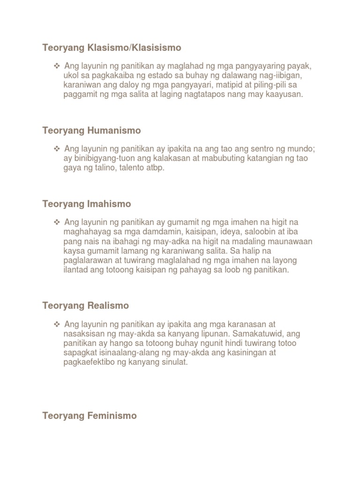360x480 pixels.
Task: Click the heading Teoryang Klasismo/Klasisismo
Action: click(x=112, y=48)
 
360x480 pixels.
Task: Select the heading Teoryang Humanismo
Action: click(x=91, y=130)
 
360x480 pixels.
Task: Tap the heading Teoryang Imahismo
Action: click(x=86, y=204)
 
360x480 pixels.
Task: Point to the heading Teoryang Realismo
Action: click(x=85, y=306)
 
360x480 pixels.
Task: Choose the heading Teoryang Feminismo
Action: click(x=89, y=416)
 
